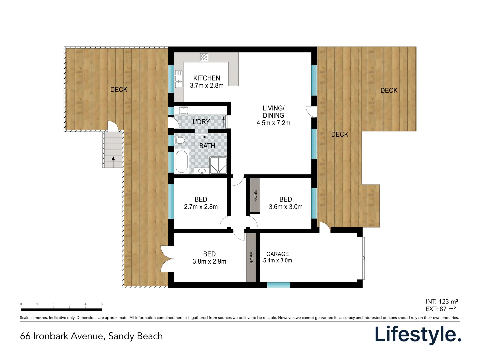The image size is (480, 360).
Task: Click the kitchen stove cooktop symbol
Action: (x=204, y=57)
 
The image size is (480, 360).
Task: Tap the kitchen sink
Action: (x=179, y=79)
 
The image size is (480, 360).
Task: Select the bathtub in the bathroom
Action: (x=182, y=162)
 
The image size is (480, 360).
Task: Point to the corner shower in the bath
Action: (x=218, y=165)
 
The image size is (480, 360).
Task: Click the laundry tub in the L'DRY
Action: (x=184, y=110)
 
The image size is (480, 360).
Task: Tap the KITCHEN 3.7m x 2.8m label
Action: (x=207, y=82)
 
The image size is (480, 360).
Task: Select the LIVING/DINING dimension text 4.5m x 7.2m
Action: (x=273, y=123)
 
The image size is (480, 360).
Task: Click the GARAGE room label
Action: (x=277, y=254)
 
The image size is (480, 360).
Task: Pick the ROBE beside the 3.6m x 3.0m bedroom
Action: (x=255, y=196)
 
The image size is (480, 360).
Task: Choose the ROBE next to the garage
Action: (x=252, y=258)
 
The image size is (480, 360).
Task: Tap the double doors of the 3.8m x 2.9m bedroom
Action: (x=167, y=259)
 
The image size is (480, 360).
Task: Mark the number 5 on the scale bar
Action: (x=102, y=304)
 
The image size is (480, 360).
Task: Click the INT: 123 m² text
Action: (x=442, y=301)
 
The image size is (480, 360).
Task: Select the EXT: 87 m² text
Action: (x=440, y=309)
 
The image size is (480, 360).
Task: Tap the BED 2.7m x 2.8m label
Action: (x=201, y=203)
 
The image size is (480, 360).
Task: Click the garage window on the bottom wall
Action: (x=278, y=285)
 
